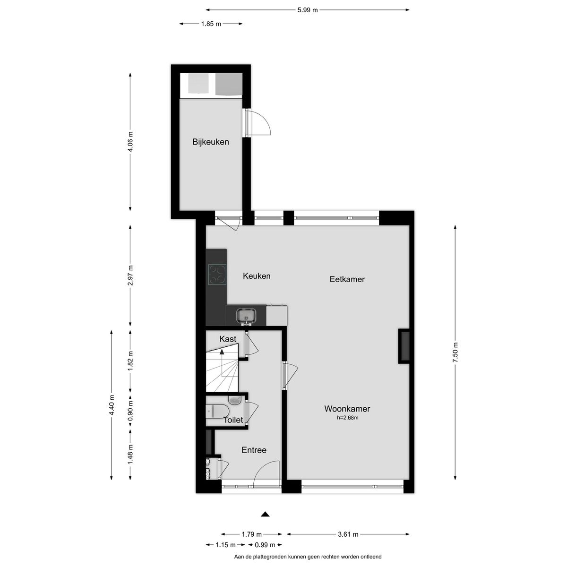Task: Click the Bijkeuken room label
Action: click(211, 142)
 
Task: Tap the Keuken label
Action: click(257, 276)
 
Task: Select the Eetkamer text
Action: click(347, 279)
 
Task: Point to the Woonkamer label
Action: click(347, 409)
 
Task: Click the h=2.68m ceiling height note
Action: click(347, 418)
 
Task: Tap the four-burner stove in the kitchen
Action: click(217, 274)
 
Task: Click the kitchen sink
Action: click(246, 316)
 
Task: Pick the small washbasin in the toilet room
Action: click(234, 400)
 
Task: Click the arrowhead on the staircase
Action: click(222, 351)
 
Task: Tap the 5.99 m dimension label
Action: click(308, 10)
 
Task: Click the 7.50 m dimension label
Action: click(455, 352)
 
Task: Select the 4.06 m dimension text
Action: click(130, 141)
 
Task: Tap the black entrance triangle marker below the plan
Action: click(266, 514)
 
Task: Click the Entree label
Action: click(254, 450)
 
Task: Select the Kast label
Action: click(228, 339)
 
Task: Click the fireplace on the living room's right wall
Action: click(404, 346)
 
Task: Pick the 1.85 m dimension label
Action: click(211, 24)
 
